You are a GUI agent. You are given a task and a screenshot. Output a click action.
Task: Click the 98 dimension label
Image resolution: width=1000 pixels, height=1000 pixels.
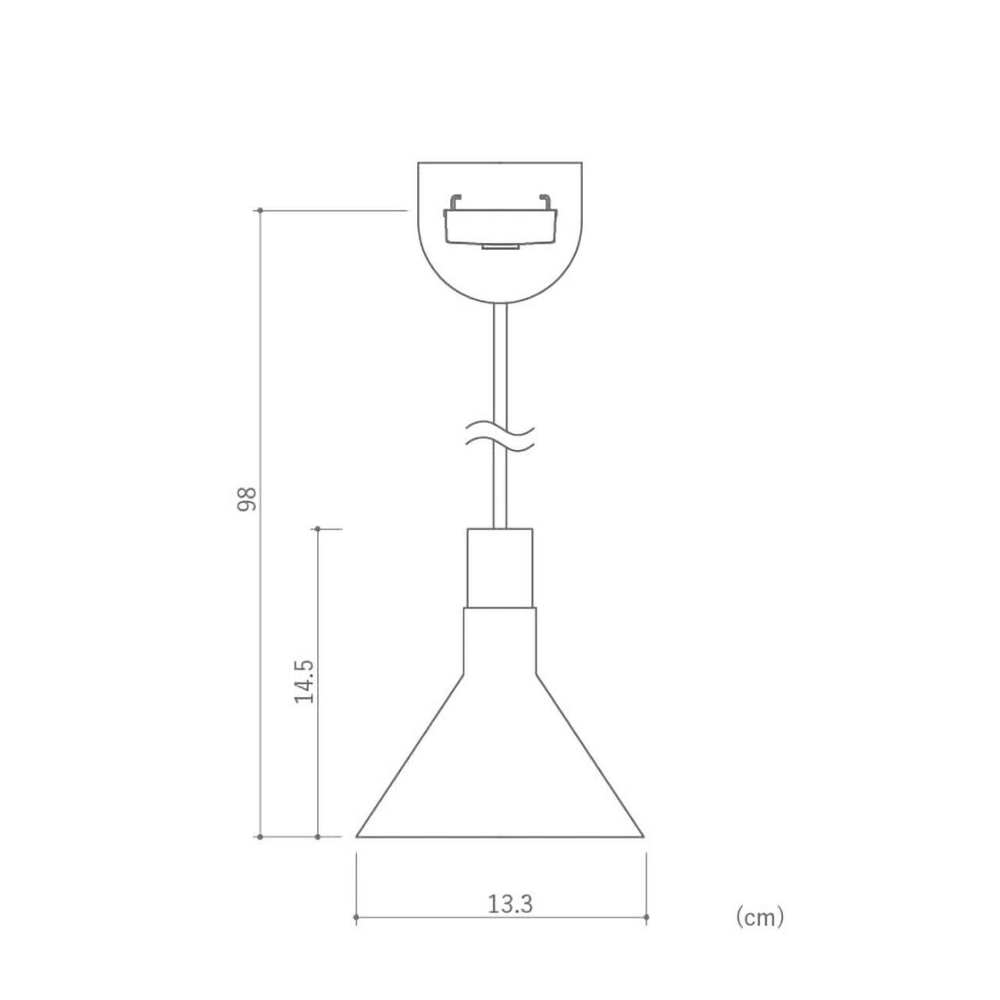point(247,498)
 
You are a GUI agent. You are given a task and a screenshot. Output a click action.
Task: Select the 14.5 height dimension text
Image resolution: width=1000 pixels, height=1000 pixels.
point(304,680)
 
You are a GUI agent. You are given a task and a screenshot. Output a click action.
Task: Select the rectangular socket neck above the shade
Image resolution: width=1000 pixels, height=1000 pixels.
point(500,568)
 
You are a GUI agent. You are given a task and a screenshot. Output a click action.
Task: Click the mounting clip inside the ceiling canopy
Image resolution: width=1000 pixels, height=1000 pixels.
point(500,222)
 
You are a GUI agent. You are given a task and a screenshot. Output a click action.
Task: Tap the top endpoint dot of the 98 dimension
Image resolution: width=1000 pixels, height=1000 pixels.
point(260,210)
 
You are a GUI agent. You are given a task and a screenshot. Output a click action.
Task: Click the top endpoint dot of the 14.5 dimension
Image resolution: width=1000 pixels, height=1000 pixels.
point(318,529)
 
